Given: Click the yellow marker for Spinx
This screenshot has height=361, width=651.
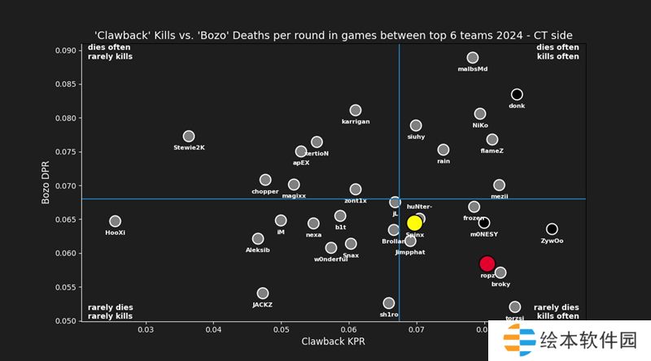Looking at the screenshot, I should (414, 223).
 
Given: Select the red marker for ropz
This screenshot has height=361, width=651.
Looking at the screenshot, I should (487, 263).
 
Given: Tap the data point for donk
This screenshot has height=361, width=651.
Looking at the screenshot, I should (517, 94).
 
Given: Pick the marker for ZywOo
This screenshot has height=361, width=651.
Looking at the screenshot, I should (552, 229).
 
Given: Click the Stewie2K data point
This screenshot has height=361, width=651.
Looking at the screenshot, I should (189, 137).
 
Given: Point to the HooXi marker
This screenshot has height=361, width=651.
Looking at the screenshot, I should (115, 221).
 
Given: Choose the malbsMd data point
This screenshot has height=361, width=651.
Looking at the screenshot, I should (473, 58).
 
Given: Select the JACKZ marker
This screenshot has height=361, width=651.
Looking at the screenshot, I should (263, 294).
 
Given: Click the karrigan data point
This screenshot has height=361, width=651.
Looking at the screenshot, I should (356, 111).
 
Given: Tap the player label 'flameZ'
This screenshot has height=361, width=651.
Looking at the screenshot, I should (492, 150).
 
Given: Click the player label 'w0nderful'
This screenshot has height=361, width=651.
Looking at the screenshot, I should (331, 259).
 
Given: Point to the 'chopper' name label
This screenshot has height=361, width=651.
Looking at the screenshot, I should (265, 191).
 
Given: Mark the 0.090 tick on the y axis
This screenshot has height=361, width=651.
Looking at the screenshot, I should (66, 50).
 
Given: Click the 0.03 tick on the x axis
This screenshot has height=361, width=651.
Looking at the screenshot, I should (146, 329).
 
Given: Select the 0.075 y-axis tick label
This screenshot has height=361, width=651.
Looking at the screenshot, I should (66, 152).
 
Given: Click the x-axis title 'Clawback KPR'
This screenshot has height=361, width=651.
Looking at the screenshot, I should (333, 341).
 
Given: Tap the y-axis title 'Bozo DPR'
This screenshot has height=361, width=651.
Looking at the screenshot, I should (46, 183).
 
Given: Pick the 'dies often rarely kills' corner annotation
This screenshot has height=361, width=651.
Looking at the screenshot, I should (110, 52).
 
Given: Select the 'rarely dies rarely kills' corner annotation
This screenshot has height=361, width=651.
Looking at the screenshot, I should (110, 311).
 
